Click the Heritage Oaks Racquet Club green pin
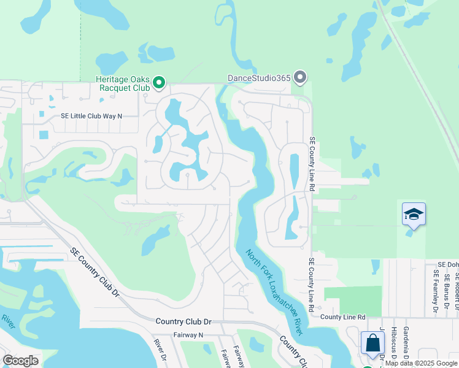pyautogui.click(x=159, y=82)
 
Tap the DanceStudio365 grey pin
pyautogui.click(x=300, y=77)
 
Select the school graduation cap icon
pyautogui.click(x=414, y=215)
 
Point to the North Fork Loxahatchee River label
pyautogui.click(x=274, y=291)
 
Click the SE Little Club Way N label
pyautogui.click(x=91, y=115)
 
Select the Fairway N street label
pyautogui.click(x=188, y=335)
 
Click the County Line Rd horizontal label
pyautogui.click(x=343, y=316)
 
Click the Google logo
pyautogui.click(x=20, y=360)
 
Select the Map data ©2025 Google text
pyautogui.click(x=421, y=363)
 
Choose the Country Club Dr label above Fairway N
pyautogui.click(x=183, y=321)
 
